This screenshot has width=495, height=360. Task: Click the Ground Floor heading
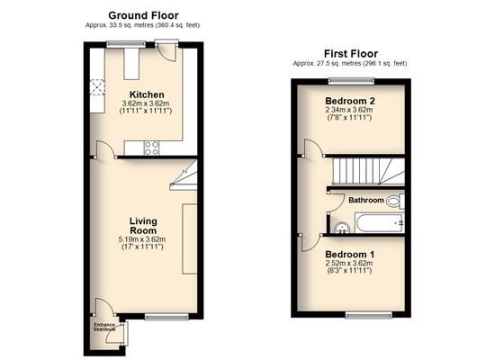pyautogui.click(x=143, y=15)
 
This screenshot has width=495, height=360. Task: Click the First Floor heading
pyautogui.click(x=351, y=54)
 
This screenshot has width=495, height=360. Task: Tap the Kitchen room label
pyautogui.click(x=147, y=94)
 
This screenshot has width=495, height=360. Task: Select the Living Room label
pyautogui.click(x=143, y=226)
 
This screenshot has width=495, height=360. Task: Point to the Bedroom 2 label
pyautogui.click(x=350, y=101)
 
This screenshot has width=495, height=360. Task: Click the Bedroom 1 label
pyautogui.click(x=350, y=254)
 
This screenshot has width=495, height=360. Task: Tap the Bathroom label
pyautogui.click(x=366, y=200)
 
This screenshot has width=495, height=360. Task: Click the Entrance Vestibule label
pyautogui.click(x=104, y=328)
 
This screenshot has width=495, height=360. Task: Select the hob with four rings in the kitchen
pyautogui.click(x=151, y=148)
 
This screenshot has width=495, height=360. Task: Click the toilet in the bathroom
pyautogui.click(x=395, y=202)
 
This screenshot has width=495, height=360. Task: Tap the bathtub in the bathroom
pyautogui.click(x=380, y=223)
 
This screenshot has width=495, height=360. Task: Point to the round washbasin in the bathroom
pyautogui.click(x=341, y=228)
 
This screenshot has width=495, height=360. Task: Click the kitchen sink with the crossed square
pyautogui.click(x=97, y=87)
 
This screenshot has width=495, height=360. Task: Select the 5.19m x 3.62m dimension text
pyautogui.click(x=142, y=239)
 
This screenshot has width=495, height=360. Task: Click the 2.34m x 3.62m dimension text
pyautogui.click(x=349, y=110)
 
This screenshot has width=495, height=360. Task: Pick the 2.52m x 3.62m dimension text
pyautogui.click(x=349, y=264)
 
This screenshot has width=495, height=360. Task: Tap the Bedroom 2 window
pyautogui.click(x=351, y=81)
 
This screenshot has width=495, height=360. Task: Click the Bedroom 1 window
pyautogui.click(x=369, y=315)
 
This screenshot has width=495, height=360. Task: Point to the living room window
pyautogui.click(x=166, y=317)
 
